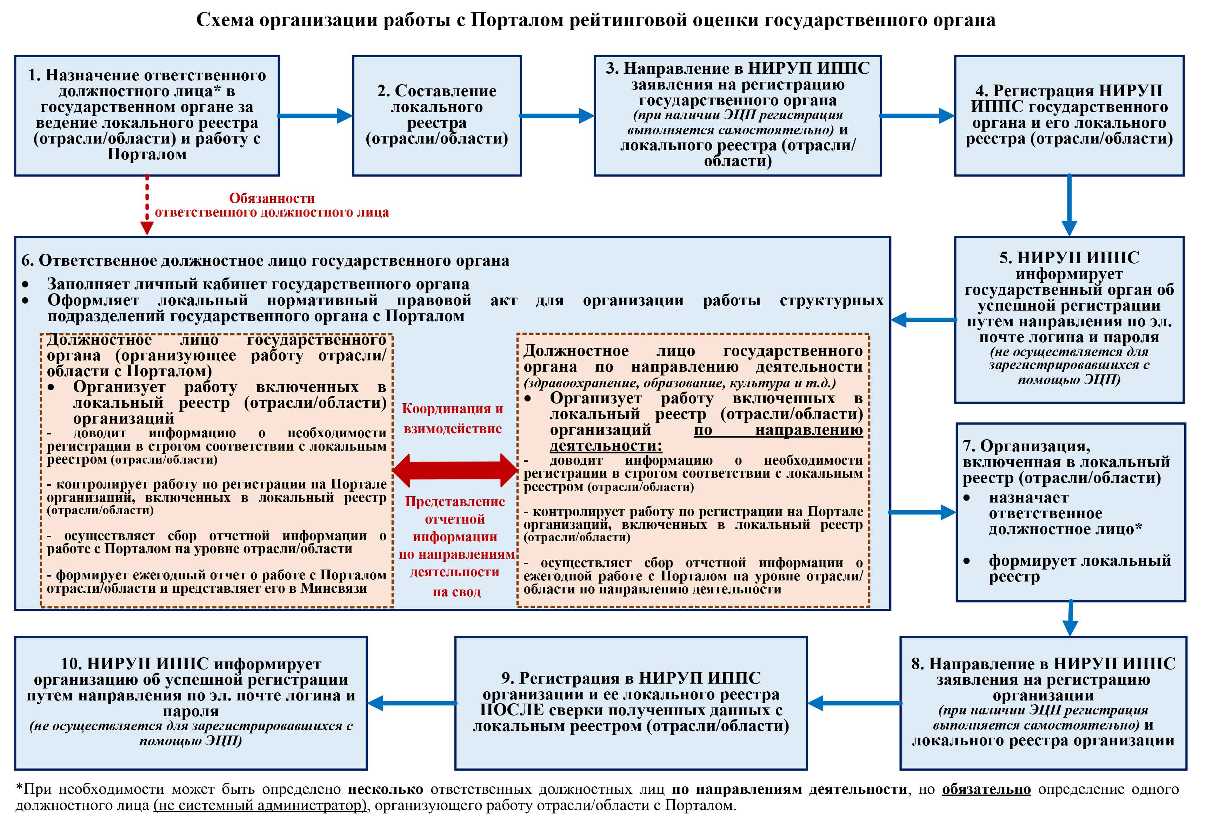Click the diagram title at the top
(595, 20)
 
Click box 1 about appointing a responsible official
(147, 115)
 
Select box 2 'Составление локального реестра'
(436, 115)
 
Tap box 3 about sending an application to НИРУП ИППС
(738, 115)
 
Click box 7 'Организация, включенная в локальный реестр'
(1070, 512)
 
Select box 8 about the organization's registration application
(1043, 702)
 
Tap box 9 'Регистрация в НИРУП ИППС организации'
(631, 702)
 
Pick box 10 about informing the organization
(191, 702)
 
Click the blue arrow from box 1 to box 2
(315, 116)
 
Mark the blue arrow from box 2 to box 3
(557, 116)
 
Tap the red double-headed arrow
(455, 470)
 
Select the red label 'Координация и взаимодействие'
(453, 418)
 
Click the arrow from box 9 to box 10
(412, 703)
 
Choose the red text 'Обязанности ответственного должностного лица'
(272, 205)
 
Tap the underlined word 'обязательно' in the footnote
(986, 789)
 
